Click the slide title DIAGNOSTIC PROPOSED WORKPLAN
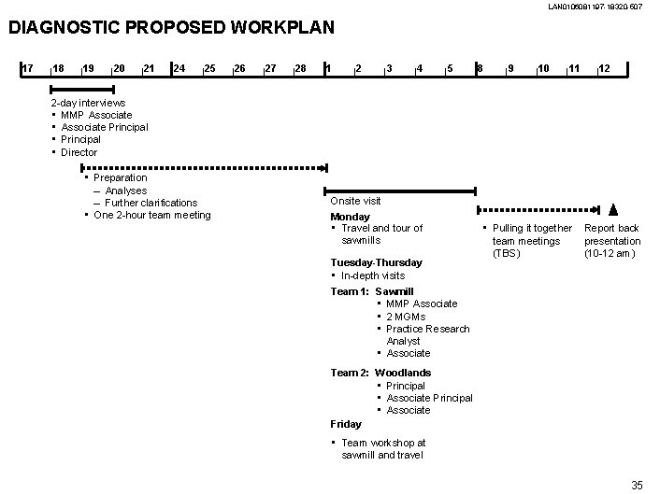171,27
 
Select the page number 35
637,484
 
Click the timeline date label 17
28,68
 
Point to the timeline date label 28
300,68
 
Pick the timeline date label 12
605,68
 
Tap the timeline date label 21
149,68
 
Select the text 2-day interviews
88,103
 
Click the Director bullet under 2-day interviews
79,152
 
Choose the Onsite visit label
355,201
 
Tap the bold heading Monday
350,217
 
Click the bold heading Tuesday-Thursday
376,262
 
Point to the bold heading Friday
345,424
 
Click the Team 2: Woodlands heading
380,373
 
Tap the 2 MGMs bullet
405,317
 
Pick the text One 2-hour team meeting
152,215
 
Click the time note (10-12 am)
611,253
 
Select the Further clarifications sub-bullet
151,203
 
